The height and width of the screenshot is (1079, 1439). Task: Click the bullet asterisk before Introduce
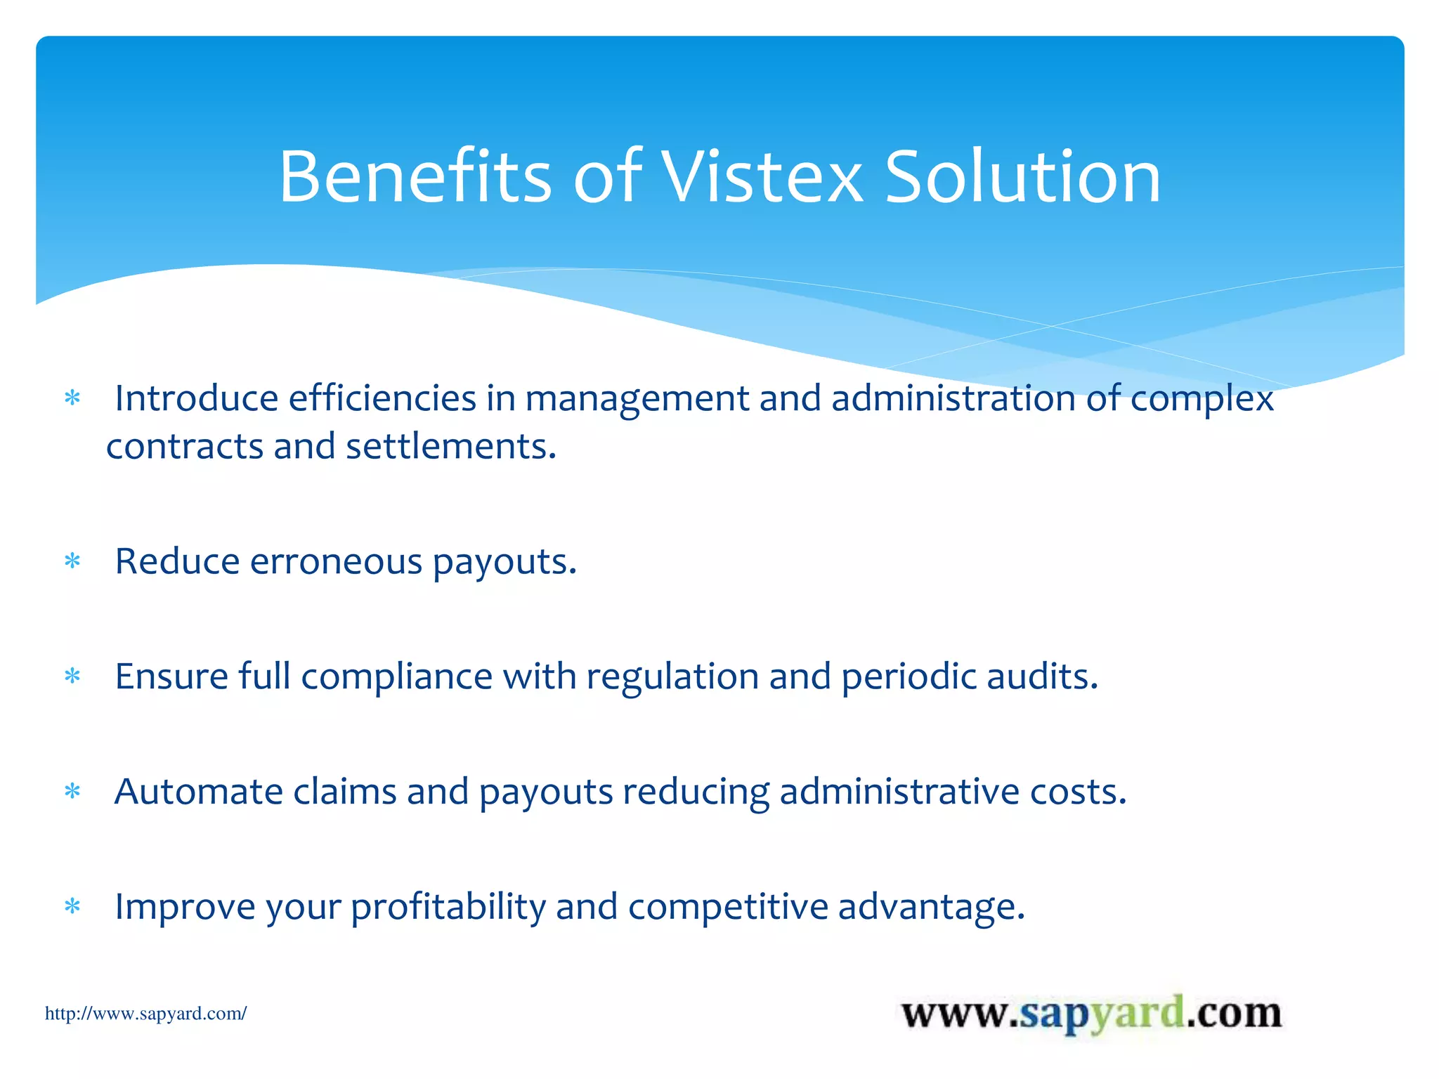tap(72, 399)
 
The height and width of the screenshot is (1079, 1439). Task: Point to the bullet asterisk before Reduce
tap(72, 561)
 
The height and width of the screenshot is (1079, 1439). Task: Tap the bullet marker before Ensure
tap(72, 676)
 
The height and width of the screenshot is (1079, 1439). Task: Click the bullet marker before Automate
tap(72, 792)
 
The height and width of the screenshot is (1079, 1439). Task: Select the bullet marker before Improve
tap(72, 907)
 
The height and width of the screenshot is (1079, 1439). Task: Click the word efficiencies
tap(382, 398)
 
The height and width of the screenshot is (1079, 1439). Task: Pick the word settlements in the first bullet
tap(450, 447)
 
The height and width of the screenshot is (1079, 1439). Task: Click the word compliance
tap(396, 676)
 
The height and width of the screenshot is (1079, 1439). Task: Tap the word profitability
tap(448, 907)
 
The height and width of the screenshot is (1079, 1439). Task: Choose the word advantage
tap(931, 907)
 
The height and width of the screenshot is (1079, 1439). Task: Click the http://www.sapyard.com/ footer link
tap(145, 1014)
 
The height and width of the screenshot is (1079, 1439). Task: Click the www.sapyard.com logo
tap(1091, 1014)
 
